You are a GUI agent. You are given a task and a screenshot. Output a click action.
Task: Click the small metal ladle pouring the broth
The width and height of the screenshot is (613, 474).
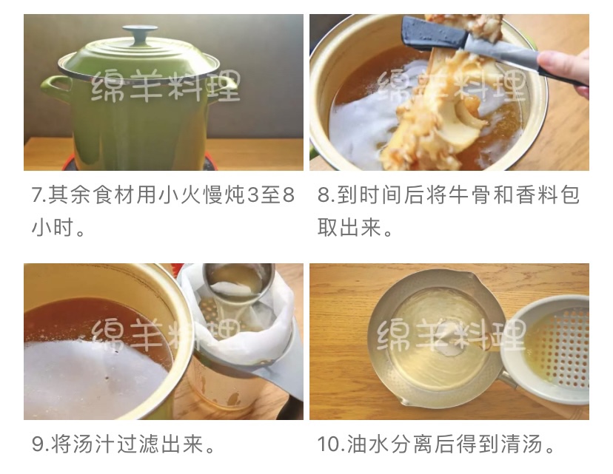tap(238, 281)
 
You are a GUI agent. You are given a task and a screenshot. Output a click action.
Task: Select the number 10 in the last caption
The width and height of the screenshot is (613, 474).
tap(330, 444)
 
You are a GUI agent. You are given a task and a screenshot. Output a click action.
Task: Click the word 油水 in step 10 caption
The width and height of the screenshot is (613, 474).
tap(368, 444)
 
